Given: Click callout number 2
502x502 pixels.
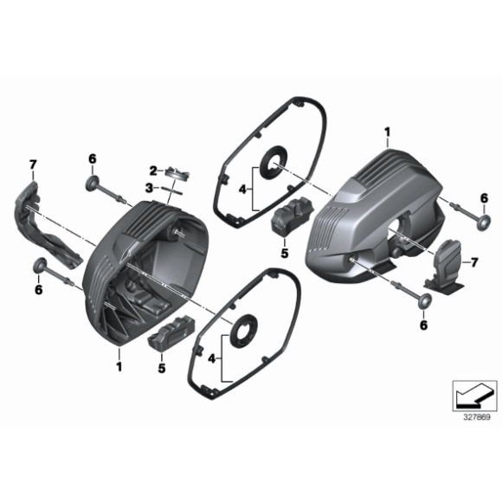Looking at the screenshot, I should tap(152, 170).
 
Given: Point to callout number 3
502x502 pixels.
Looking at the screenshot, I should tap(149, 187).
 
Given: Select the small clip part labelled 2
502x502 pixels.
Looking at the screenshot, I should tap(178, 172).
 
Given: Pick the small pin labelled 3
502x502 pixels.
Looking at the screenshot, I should tap(167, 189).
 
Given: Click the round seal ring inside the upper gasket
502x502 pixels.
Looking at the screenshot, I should tap(276, 161).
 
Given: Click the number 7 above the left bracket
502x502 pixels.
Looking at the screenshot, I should tap(33, 164).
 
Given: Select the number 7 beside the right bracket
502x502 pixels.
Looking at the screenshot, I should tap(473, 261).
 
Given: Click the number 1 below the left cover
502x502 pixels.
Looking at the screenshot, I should tap(119, 366).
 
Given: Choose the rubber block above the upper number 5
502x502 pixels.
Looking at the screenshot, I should tap(290, 216).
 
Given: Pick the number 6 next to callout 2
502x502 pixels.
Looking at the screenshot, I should tap(91, 158).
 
